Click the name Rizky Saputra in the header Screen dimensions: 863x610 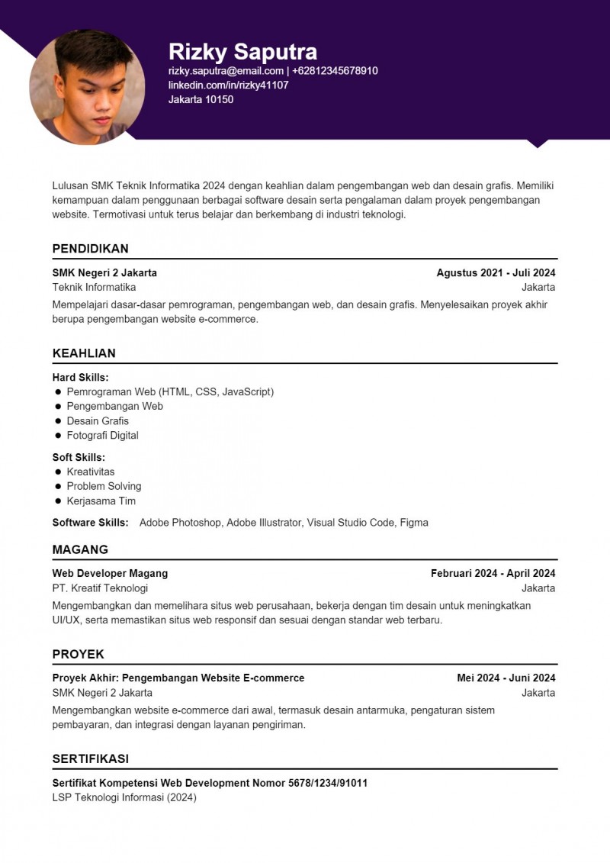tap(242, 51)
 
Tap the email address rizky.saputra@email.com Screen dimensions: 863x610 tap(226, 71)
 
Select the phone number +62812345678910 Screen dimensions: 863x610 tap(335, 71)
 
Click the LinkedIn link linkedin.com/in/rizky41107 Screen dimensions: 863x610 tap(228, 85)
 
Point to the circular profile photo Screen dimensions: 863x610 tap(87, 87)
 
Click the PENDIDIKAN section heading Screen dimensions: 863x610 tap(90, 249)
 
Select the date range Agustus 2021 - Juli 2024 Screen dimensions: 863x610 tap(496, 272)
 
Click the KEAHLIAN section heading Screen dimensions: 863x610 tap(84, 353)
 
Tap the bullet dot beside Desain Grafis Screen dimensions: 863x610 tap(58, 421)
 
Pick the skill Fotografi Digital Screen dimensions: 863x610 tap(102, 436)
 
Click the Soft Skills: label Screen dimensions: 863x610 tap(79, 457)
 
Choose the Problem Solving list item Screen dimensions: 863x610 tap(104, 486)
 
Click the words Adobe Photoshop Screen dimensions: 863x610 tap(180, 523)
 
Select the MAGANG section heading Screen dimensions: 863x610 tap(80, 549)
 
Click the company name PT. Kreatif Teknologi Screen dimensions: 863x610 tap(100, 588)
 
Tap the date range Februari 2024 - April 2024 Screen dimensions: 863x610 tap(493, 573)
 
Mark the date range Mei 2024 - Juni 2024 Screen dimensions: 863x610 tap(506, 678)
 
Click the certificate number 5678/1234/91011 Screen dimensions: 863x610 tap(328, 783)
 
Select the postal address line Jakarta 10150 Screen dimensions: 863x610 tap(201, 99)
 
